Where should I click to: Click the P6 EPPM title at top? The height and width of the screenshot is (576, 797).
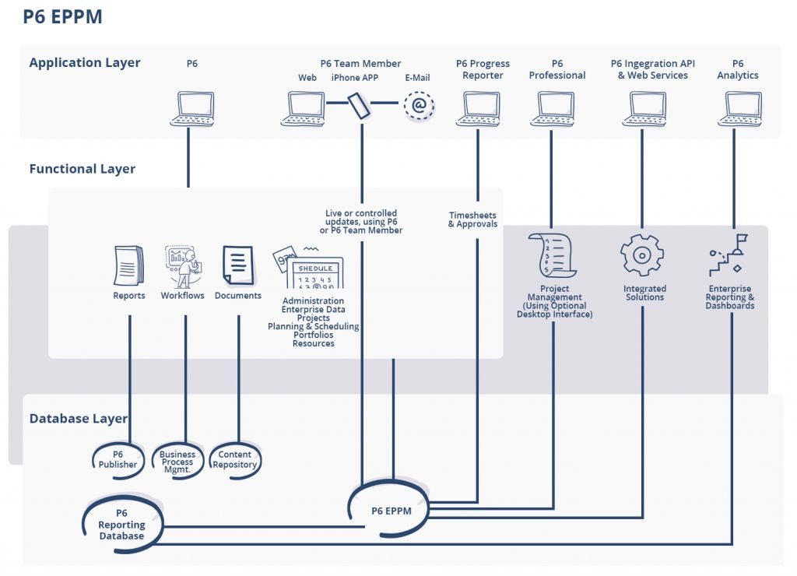pos(62,16)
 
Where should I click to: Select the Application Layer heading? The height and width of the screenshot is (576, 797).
pos(85,63)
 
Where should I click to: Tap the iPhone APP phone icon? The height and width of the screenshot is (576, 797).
pos(359,105)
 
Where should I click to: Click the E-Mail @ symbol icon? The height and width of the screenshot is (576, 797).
pos(419,106)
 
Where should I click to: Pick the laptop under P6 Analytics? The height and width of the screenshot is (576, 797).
pos(743,109)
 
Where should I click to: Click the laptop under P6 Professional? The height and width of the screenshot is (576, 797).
pos(552,109)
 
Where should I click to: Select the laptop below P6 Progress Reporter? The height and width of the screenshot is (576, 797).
pos(478,109)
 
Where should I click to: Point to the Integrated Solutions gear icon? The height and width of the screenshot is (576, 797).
pos(642,255)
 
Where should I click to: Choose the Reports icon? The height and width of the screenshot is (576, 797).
pos(128,265)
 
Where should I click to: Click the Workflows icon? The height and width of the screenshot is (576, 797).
pos(183,266)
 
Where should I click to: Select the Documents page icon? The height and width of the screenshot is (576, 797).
pos(238,265)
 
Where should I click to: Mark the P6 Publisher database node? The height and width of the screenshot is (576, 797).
pos(118,460)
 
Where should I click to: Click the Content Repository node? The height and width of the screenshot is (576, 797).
pos(235,460)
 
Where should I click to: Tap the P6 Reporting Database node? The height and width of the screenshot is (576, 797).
pos(122,525)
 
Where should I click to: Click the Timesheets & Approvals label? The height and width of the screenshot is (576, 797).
pos(472,220)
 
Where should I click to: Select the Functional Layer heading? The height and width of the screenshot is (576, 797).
pos(83,169)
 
